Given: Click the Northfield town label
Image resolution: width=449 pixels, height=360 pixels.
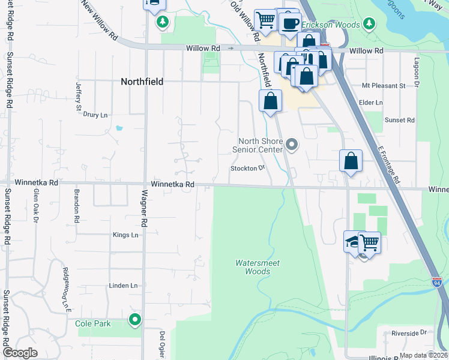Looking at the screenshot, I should coord(142,82).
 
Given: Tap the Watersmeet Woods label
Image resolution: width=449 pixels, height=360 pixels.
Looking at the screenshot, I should coord(258,267).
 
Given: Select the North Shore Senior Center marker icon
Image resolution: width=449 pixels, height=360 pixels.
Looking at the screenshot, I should coord(292,144).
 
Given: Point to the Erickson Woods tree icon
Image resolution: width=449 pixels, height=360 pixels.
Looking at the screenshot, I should coord(370,25).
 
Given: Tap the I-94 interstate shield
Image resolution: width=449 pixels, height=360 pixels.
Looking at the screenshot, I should coord(437,281).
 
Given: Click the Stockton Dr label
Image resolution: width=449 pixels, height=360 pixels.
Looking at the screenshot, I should coord(247,169).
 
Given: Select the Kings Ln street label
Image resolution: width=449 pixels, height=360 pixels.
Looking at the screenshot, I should coord(125,235).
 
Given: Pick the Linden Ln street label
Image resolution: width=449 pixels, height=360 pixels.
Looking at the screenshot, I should coord(123,286).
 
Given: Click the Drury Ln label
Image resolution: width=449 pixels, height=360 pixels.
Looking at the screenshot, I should coord(95,115).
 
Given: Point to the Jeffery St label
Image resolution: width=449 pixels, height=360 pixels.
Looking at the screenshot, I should coord(78,96).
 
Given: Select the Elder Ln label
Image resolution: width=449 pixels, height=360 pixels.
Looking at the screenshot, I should coord(370,103).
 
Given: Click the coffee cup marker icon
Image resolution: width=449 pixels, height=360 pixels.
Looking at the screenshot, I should coord(291,23).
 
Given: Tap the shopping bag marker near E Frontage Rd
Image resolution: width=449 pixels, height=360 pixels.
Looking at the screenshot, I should coord(351,161).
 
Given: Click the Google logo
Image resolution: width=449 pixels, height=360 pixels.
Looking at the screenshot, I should coord(20,353).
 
